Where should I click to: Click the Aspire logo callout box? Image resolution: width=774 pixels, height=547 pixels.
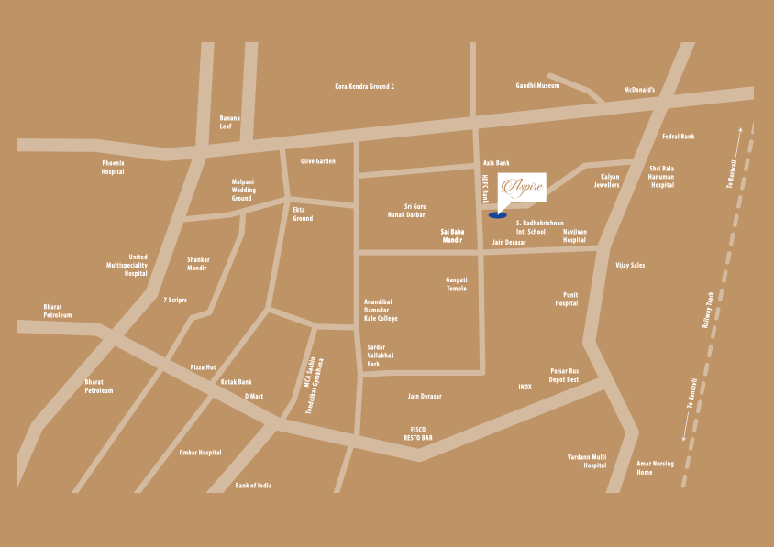(522, 186)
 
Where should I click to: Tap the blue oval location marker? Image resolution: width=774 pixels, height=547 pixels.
(497, 216)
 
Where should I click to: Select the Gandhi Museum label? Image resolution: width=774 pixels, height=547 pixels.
(537, 85)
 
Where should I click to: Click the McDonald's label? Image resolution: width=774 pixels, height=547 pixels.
(639, 90)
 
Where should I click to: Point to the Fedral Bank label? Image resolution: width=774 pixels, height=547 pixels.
(679, 137)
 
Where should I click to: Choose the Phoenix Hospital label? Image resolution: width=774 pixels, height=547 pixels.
(113, 167)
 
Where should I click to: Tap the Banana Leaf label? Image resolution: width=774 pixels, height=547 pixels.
(229, 122)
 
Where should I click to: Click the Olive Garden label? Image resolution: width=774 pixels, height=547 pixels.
(318, 161)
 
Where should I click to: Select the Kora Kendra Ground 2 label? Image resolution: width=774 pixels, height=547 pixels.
(364, 86)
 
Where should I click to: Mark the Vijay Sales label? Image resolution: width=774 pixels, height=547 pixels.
(630, 265)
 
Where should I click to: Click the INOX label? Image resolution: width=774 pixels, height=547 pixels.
(525, 387)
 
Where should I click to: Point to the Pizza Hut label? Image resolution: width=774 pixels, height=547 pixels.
(203, 366)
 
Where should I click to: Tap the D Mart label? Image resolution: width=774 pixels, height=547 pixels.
(254, 396)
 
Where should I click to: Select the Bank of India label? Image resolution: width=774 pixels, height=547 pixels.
(253, 485)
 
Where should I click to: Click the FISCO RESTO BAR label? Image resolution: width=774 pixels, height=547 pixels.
(418, 433)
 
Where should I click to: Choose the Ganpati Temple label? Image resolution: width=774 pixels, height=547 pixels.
(457, 284)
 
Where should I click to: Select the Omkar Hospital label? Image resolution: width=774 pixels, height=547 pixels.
(200, 453)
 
